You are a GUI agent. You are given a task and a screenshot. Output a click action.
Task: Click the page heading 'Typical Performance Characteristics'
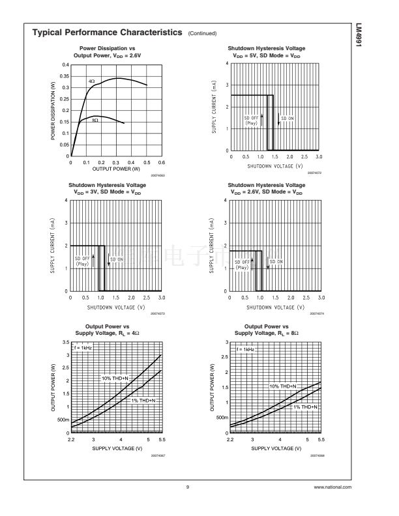coord(107,32)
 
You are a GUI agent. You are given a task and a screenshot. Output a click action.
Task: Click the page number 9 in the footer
coord(187,487)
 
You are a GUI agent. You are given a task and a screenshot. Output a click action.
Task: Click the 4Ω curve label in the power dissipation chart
coord(92,81)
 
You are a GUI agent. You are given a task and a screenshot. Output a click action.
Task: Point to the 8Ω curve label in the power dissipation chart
coord(95,121)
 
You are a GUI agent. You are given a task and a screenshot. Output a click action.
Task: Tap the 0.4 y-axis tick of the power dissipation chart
coord(65,65)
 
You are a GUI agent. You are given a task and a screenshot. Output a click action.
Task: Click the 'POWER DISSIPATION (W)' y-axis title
coord(53,111)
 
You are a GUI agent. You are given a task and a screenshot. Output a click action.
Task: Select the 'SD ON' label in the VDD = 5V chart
coord(287,118)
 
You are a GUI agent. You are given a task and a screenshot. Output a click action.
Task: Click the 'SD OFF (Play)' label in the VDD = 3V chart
coord(82,261)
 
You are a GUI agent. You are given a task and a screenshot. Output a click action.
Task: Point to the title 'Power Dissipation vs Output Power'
coord(107,52)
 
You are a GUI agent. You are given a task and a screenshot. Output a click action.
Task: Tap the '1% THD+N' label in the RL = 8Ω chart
coord(304,407)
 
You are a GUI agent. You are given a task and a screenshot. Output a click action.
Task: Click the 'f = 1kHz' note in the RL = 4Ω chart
coord(81,348)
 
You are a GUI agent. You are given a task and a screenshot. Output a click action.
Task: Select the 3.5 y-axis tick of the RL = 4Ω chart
coord(65,342)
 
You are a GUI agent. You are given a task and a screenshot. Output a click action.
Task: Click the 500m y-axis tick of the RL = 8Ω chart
coord(221,417)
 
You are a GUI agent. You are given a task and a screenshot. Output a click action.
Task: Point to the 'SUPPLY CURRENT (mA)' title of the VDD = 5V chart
coord(213,107)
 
